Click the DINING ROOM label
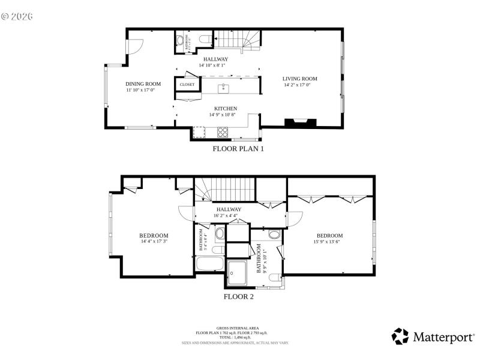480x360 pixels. click(x=143, y=83)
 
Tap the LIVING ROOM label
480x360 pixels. click(x=300, y=79)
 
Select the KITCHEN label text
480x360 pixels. click(x=218, y=108)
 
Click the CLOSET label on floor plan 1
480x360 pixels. click(x=187, y=85)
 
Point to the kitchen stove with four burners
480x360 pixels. click(x=223, y=131)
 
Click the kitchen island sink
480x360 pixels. click(x=223, y=88)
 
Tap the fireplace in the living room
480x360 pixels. click(x=301, y=122)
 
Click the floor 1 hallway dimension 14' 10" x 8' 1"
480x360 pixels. click(x=215, y=65)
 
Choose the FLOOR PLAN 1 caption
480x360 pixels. click(x=238, y=148)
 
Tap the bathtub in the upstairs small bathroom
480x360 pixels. click(x=209, y=265)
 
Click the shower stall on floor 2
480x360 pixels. click(x=238, y=271)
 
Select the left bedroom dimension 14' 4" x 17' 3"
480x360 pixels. click(x=154, y=242)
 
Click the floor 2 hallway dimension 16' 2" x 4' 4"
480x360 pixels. click(x=225, y=215)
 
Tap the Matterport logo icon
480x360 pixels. click(x=400, y=337)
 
